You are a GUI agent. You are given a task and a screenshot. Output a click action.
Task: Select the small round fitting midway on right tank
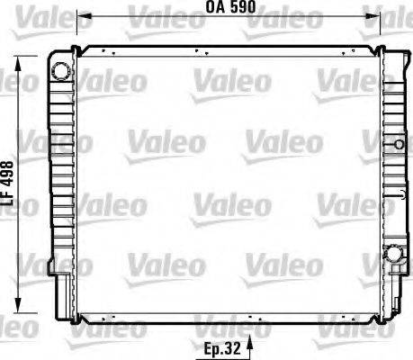[x=398, y=143]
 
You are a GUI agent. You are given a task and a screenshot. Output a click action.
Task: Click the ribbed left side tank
[x=60, y=180]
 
